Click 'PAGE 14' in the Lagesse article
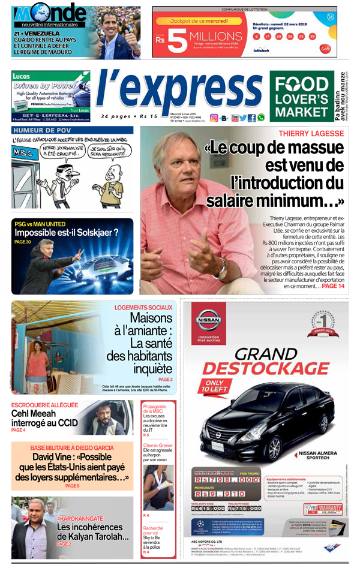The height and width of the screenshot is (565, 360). pyautogui.click(x=333, y=287)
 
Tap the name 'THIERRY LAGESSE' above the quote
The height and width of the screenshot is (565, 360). pyautogui.click(x=311, y=133)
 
